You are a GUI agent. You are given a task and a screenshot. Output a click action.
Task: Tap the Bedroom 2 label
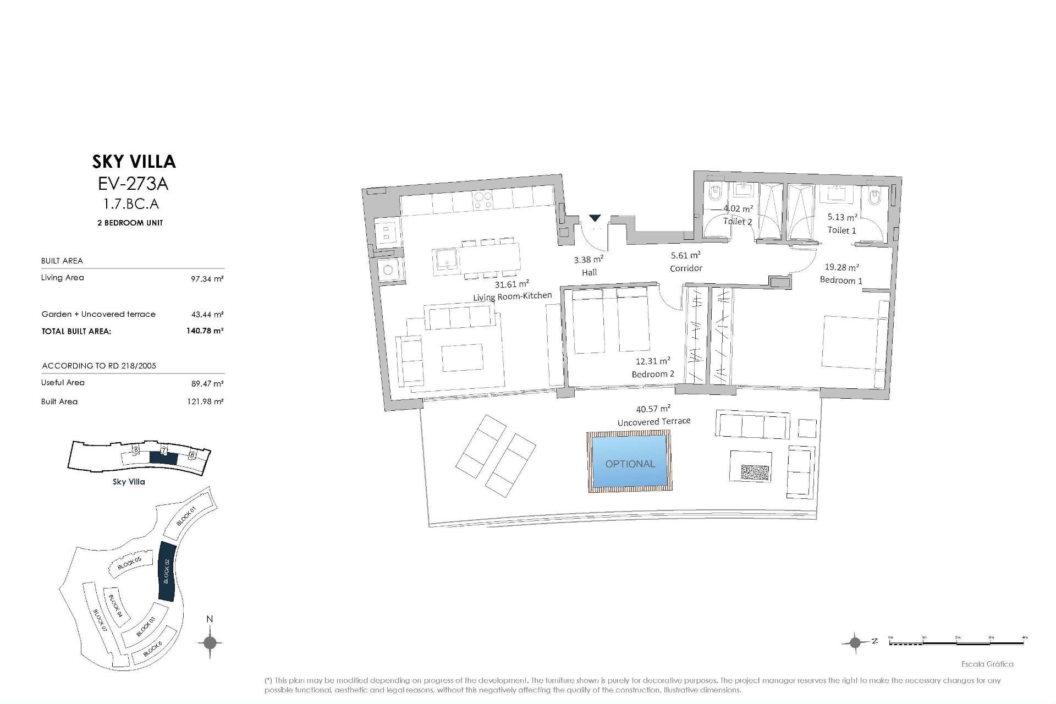(653, 374)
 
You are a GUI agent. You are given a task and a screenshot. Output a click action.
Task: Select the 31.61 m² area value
(512, 284)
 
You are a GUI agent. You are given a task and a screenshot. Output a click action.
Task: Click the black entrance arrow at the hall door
(595, 218)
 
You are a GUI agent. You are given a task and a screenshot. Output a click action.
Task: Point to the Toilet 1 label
(842, 230)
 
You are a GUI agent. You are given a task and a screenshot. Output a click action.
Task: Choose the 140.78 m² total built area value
(205, 331)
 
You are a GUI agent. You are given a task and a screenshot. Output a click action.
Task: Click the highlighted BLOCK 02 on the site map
(166, 571)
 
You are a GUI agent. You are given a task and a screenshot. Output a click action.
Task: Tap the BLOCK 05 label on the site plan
(130, 563)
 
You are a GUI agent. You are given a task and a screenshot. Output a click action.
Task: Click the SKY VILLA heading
(134, 161)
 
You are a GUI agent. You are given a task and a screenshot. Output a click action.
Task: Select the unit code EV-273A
(133, 183)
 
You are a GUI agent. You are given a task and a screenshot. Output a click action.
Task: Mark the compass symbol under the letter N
(210, 642)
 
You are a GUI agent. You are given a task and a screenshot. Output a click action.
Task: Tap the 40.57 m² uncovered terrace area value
(653, 409)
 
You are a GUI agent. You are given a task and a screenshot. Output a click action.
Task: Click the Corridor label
(686, 268)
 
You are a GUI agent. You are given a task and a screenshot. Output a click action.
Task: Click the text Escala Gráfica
(987, 664)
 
